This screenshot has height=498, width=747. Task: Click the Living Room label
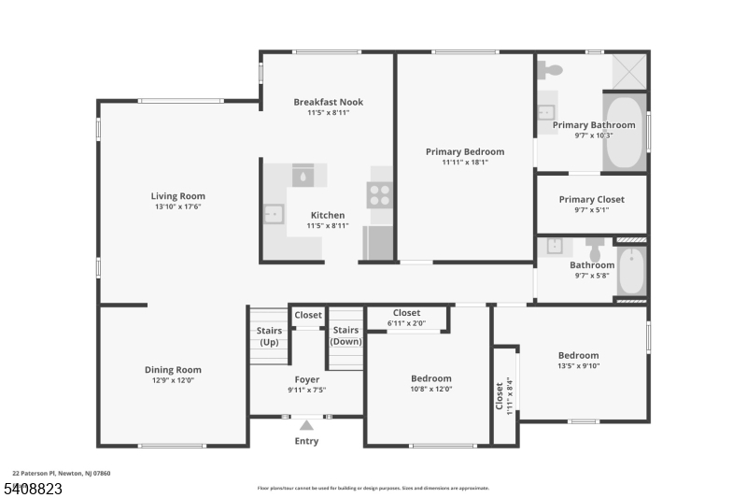click(x=177, y=196)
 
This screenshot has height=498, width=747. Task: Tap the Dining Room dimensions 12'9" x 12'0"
click(x=173, y=380)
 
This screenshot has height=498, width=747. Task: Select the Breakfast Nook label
click(x=328, y=102)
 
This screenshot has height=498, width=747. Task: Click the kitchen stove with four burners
click(x=380, y=194)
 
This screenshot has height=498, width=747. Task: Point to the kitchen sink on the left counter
click(x=273, y=215)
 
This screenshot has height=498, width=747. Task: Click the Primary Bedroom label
click(x=464, y=151)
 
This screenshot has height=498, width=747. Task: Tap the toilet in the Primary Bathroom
click(x=550, y=70)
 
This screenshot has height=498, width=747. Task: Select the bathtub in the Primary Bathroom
click(x=624, y=132)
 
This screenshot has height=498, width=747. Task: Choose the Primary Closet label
click(x=591, y=199)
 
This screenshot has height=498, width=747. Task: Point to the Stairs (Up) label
click(x=269, y=335)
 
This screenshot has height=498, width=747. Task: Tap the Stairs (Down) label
click(x=345, y=335)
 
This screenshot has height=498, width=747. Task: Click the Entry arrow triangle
click(x=306, y=425)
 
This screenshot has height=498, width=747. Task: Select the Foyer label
click(x=306, y=379)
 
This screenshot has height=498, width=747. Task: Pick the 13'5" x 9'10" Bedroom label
click(x=578, y=355)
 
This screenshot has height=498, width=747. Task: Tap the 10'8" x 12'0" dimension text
click(x=431, y=389)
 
